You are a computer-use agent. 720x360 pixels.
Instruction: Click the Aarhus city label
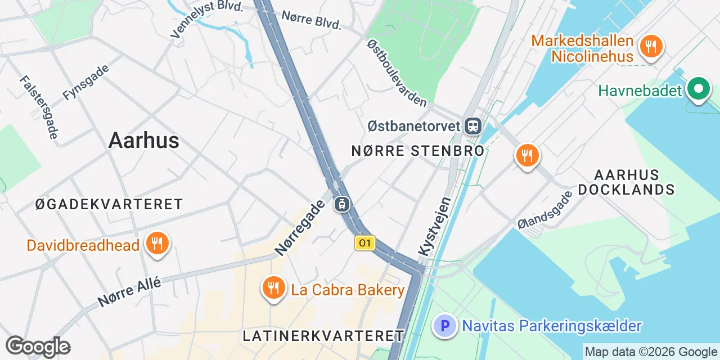coord(143,141)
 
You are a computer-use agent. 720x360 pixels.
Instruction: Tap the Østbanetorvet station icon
coord(473,125)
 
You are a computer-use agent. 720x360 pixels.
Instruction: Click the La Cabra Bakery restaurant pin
coord(273,289)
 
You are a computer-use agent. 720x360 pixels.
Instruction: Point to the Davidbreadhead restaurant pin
coord(157,244)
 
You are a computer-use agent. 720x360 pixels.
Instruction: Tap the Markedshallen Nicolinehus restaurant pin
coord(651,46)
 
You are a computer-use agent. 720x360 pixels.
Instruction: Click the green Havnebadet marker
coord(698,89)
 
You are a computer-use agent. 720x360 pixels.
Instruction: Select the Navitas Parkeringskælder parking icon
coord(445,326)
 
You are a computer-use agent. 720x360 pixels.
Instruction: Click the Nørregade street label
coord(300,227)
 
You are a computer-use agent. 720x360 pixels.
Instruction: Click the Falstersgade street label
coord(39,107)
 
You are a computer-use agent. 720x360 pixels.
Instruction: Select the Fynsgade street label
coord(86,82)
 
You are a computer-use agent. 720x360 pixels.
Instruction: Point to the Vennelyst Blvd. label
coord(206,19)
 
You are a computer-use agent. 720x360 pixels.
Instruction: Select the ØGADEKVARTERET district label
coord(109,204)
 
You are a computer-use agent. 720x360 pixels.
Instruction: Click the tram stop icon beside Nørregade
coord(341,204)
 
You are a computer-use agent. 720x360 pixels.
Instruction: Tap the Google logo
coord(38,346)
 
